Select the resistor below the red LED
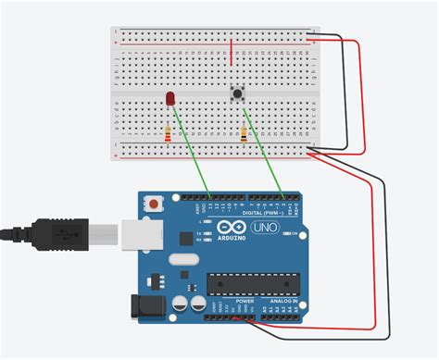coord(168,135)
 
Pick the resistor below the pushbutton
coord(244,135)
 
